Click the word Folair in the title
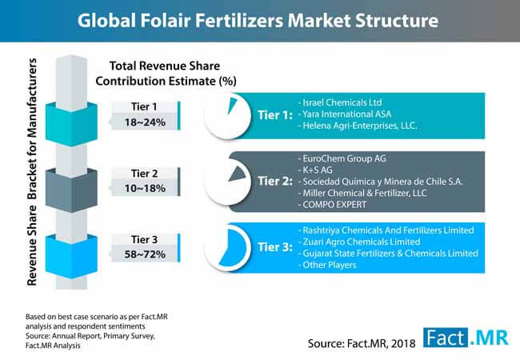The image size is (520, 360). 166,20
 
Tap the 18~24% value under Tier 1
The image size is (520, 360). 145,122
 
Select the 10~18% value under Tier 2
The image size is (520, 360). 145,188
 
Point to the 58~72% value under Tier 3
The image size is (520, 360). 145,254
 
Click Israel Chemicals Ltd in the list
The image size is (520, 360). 342,102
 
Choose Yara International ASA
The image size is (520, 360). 347,114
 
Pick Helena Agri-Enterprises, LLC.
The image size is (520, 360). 360,126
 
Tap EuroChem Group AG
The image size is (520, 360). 344,158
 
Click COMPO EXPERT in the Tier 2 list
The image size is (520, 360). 334,205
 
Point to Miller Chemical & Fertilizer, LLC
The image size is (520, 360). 365,193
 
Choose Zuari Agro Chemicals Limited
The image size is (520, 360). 362,242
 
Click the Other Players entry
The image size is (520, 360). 330,265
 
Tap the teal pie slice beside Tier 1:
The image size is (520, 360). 232,106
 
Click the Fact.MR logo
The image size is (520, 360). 466,338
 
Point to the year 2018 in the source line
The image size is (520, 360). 403,343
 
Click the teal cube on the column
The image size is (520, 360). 71,124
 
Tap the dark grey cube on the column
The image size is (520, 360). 71,190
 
